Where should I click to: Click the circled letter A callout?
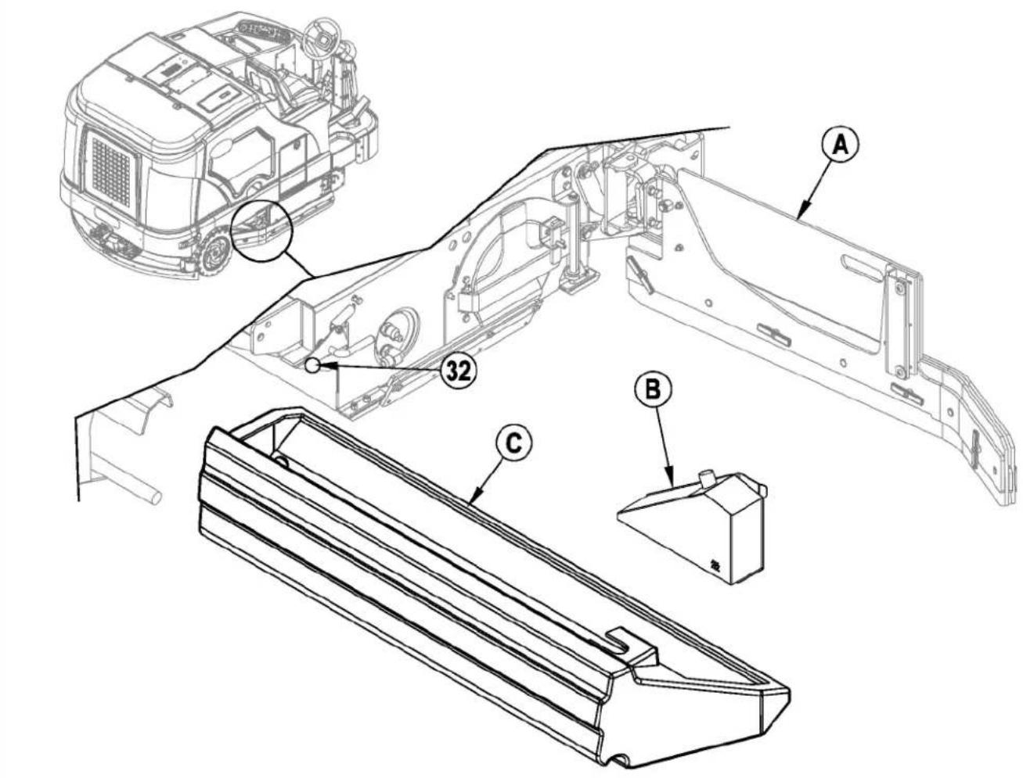(841, 145)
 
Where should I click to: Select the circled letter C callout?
(513, 443)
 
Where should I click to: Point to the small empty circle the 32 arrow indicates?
(312, 365)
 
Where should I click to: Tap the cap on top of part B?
(707, 477)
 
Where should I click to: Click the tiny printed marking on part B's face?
(715, 565)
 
